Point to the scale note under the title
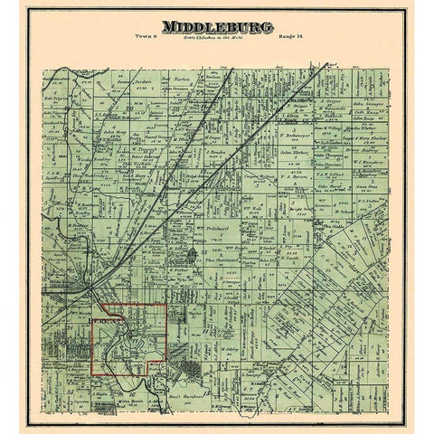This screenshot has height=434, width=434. coord(218,45)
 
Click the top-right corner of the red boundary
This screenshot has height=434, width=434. coord(166,305)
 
